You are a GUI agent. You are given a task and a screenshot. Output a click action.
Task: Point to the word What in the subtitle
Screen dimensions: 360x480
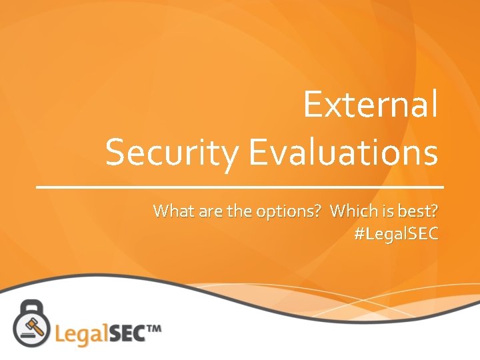[171, 211]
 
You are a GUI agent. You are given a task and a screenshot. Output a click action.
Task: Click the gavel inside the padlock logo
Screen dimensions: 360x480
[31, 325]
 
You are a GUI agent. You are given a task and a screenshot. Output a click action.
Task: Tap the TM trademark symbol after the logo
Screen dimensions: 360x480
[153, 328]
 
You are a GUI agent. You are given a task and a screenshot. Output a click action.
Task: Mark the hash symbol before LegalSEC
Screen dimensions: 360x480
[360, 234]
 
